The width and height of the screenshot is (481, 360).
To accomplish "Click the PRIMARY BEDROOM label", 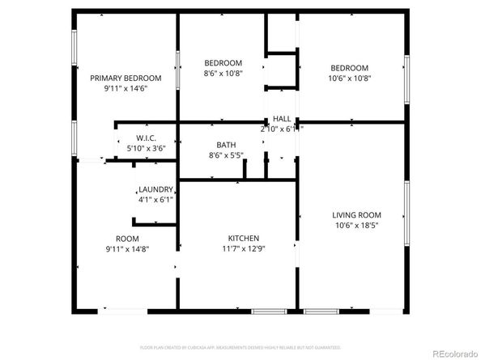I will click(x=126, y=78).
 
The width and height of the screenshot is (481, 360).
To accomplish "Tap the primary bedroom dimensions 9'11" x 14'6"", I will click(x=126, y=88).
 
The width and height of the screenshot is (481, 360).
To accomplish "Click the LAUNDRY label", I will click(x=155, y=189).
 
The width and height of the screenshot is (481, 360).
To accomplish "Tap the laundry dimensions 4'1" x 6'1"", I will click(x=155, y=199).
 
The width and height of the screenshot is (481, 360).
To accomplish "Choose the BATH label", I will click(x=226, y=144).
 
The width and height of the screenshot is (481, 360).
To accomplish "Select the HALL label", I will click(x=282, y=118).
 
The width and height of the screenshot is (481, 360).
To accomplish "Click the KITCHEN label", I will click(x=243, y=238).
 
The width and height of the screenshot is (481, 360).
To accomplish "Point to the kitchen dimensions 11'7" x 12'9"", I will click(x=243, y=248).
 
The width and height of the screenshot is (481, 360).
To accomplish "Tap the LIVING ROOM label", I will click(x=356, y=215).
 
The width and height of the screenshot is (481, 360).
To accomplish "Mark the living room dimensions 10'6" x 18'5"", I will click(x=356, y=226).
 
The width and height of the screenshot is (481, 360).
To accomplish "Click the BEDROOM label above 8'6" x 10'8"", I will click(x=223, y=63).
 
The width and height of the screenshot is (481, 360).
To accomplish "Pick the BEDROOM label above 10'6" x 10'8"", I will click(x=348, y=68).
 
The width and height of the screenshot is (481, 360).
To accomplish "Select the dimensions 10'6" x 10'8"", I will click(x=348, y=78).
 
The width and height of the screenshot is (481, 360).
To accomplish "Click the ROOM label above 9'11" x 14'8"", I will click(x=127, y=239).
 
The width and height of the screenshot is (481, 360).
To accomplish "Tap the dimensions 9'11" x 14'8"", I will click(x=127, y=249).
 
